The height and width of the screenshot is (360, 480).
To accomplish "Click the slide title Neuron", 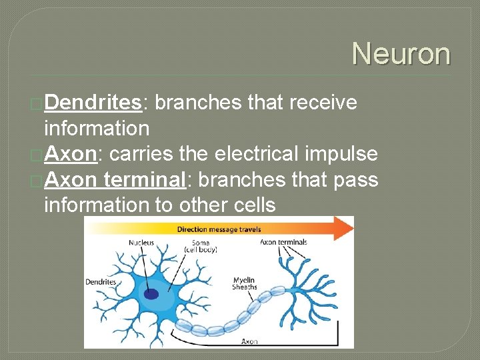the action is [x=401, y=53].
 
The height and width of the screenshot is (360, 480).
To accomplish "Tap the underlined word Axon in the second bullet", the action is [x=71, y=154].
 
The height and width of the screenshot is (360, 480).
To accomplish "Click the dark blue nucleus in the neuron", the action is [x=152, y=293].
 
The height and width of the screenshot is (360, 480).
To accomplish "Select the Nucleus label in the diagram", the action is [x=141, y=243].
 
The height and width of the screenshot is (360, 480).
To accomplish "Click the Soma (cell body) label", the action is [x=200, y=246].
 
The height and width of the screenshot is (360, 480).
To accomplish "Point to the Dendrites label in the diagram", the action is [x=101, y=282].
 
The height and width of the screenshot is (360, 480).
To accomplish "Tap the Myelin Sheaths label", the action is [x=245, y=283].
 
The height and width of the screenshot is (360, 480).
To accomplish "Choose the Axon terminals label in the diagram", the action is [x=284, y=242].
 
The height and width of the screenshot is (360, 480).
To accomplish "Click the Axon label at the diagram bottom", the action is [x=249, y=341].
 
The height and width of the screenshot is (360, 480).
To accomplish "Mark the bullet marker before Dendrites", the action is [x=37, y=103].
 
